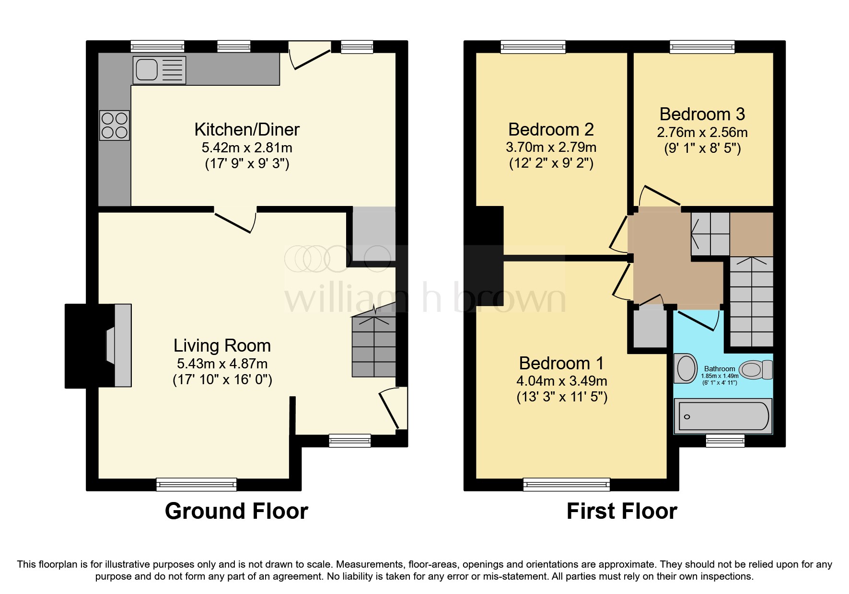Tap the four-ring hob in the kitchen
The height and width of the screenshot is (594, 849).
(114, 126)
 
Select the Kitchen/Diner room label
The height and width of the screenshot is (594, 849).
(247, 129)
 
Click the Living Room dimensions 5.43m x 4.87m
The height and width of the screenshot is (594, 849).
(222, 364)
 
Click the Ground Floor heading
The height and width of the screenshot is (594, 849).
(236, 511)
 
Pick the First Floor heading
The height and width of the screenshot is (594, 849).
(621, 511)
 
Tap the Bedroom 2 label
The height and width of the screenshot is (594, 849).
(551, 129)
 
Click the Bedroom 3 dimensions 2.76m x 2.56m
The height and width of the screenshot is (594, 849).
(702, 132)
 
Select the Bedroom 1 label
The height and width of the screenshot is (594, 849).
(561, 363)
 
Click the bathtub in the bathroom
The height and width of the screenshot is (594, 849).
(722, 417)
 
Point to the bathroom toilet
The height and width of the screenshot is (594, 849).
(756, 370)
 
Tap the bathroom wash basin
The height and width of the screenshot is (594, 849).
(686, 368)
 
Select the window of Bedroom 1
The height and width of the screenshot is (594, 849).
(566, 484)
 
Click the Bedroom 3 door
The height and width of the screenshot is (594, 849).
(659, 195)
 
